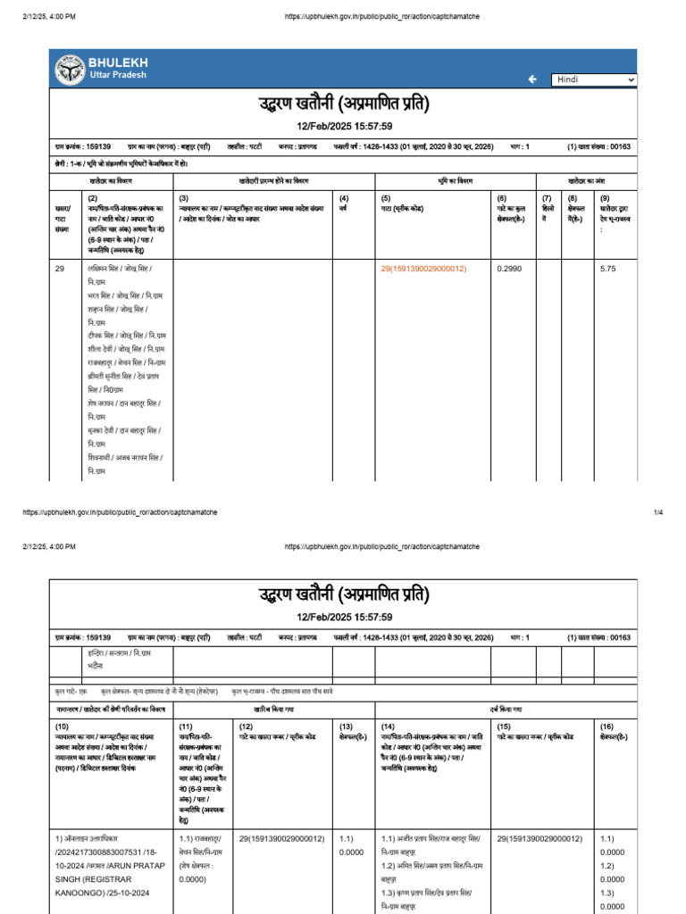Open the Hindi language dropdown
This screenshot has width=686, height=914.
pos(595,79)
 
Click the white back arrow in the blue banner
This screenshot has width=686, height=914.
pos(532,79)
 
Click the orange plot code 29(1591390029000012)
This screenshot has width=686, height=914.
pos(423,268)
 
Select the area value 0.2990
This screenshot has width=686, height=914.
pos(508,268)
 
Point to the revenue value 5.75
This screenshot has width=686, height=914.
pos(608,268)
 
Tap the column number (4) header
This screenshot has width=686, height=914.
pos(346,198)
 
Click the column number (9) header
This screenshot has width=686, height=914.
pos(605,198)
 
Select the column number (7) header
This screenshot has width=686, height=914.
pos(547,198)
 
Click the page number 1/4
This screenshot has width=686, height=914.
pos(658,512)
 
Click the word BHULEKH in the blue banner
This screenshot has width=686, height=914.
pos(118,62)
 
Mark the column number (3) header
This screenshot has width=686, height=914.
pos(183,198)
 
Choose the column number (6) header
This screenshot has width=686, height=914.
pos(501,198)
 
